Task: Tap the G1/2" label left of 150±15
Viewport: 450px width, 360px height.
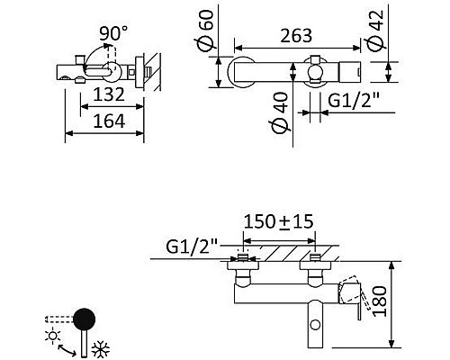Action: pyautogui.click(x=192, y=245)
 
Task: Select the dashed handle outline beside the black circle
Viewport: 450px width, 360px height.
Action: pyautogui.click(x=59, y=319)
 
